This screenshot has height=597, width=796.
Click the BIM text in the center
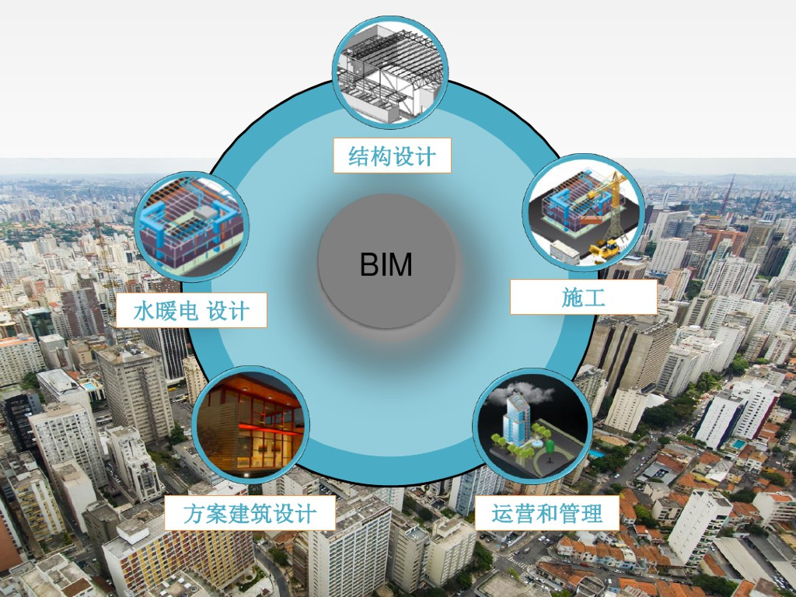click(386, 265)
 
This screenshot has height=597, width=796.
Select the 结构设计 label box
click(392, 155)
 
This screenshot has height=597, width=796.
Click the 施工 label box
click(583, 297)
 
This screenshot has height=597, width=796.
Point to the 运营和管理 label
click(546, 513)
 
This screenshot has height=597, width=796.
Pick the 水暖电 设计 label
click(191, 310)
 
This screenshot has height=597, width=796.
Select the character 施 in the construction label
click(572, 297)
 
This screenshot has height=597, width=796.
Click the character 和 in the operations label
click(547, 513)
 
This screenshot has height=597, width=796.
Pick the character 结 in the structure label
click(358, 156)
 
